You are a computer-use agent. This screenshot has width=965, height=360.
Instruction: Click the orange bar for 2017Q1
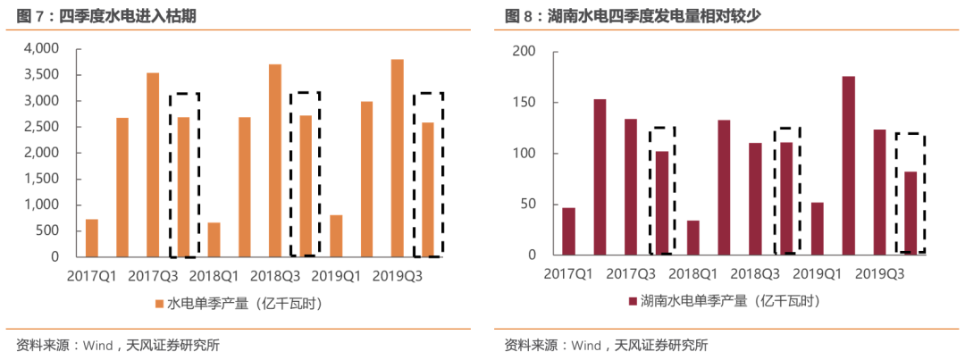coord(92,238)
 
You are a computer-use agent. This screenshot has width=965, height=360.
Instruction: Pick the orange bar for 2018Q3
coord(274,161)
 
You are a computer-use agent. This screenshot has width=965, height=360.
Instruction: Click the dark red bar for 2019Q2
coord(848,166)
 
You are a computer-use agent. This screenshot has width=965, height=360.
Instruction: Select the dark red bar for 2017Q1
coord(569,231)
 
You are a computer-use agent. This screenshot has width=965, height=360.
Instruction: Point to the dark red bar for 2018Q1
coord(693,238)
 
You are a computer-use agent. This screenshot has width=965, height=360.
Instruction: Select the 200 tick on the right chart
coord(524,52)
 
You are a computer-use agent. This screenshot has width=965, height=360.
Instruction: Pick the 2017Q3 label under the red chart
coord(631,273)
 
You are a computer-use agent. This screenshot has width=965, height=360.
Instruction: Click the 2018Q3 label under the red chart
coord(755,273)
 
